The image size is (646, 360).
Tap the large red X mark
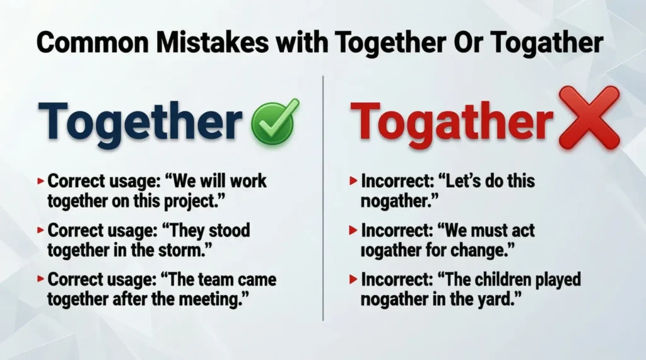[589, 118]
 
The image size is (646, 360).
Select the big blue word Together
[140, 122]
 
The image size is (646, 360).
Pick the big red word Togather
[452, 122]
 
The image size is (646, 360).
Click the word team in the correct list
[223, 279]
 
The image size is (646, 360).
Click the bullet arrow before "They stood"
[41, 231]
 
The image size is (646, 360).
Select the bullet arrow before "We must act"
[354, 231]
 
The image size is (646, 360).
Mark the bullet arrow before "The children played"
[354, 279]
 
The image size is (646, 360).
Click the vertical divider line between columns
[323, 195]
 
